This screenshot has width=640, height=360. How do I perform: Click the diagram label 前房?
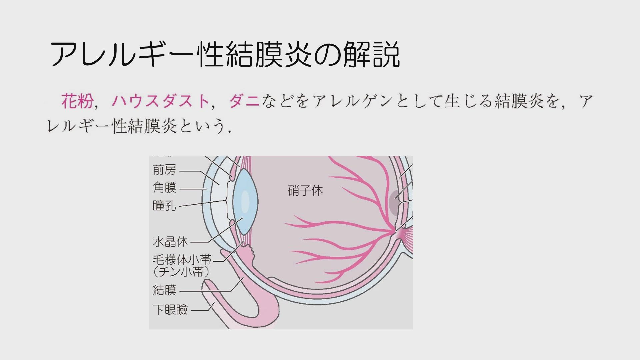pos(164,170)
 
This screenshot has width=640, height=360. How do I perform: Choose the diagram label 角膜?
pos(164,188)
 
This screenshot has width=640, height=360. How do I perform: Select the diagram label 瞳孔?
pos(164,205)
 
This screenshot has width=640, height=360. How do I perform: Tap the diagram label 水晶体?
pos(170,242)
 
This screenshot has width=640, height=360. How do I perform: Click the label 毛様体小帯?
pos(182,260)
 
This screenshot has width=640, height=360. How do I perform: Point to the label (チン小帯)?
pos(182,272)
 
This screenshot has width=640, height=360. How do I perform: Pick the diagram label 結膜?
pos(164,290)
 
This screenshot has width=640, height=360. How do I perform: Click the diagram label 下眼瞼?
pos(170,310)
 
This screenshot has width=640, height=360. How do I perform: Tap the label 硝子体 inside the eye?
pos(305,191)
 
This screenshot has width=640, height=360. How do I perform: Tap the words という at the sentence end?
pos(199,127)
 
